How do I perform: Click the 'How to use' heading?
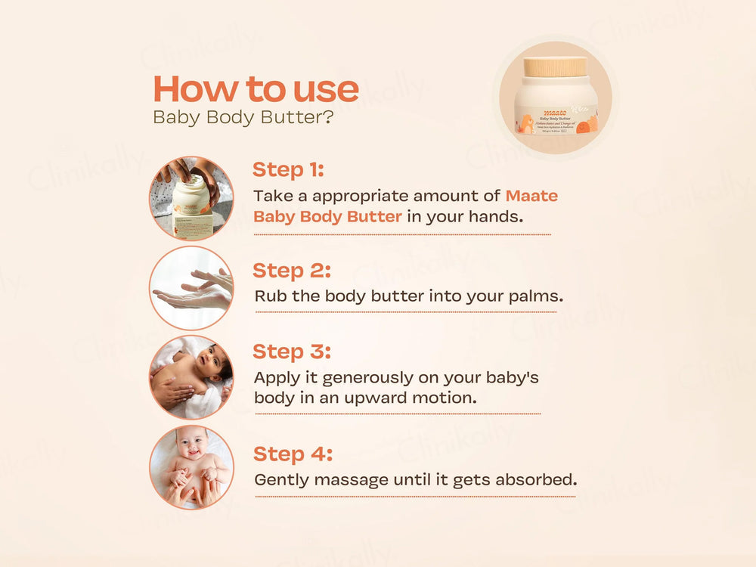pos(256,88)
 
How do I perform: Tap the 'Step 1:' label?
pos(288,169)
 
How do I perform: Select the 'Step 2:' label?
pos(291,270)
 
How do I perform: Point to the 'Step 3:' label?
pos(291,352)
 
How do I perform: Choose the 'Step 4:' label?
pos(292,454)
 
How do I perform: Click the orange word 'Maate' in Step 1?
pos(531,196)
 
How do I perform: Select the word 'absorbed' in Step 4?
pos(541,479)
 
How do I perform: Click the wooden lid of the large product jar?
pos(556,67)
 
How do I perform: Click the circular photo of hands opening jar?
pos(191,198)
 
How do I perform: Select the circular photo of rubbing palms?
pos(191,288)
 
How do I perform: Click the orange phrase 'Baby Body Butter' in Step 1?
pos(327,216)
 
